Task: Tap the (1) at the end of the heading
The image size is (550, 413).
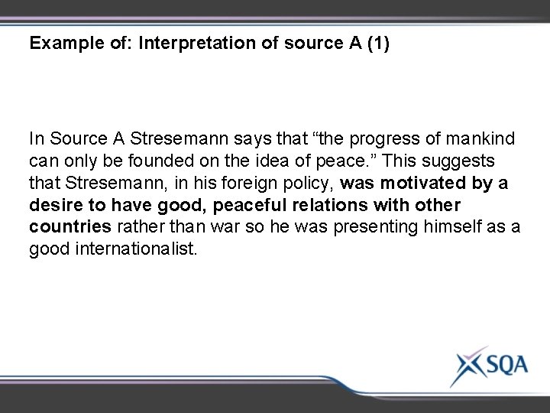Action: coord(376,44)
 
